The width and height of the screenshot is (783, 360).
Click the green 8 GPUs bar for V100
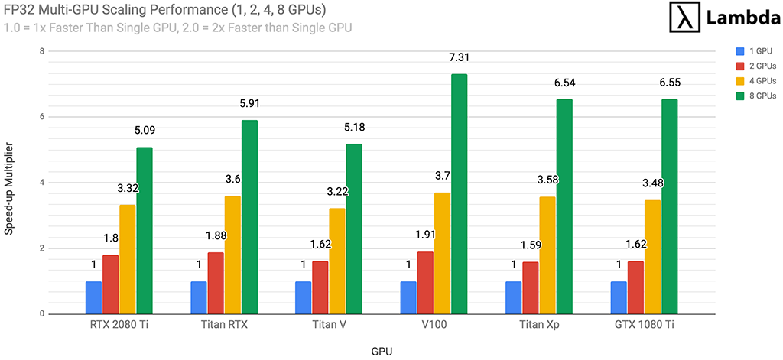(459, 194)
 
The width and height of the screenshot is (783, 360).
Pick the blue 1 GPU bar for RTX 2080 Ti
(93, 297)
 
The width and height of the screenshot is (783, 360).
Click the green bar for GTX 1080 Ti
(669, 206)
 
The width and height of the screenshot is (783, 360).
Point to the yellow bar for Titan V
(337, 261)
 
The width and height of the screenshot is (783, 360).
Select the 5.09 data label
(145, 130)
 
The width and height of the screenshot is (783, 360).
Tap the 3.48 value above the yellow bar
(651, 183)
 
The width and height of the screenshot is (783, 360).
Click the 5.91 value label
(249, 104)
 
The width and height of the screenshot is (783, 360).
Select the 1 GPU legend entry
(755, 51)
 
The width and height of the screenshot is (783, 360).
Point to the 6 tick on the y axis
(42, 117)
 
